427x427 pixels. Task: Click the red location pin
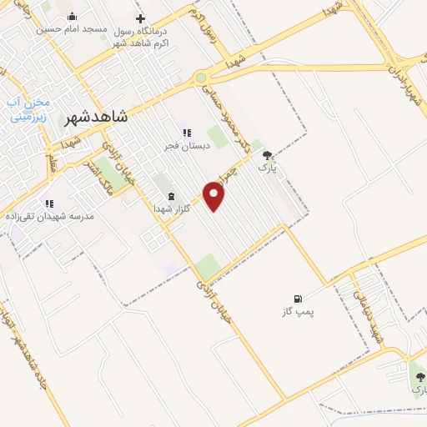[215, 197]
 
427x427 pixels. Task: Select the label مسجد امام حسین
[71, 28]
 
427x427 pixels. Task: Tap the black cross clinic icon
[140, 18]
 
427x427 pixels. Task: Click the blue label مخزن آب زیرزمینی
[29, 109]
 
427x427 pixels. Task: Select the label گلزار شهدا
[172, 208]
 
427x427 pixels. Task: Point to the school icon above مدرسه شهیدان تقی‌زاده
[49, 203]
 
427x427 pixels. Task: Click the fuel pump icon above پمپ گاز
[297, 298]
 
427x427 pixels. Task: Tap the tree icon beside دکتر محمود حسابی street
[268, 155]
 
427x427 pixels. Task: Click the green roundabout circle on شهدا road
[201, 78]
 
